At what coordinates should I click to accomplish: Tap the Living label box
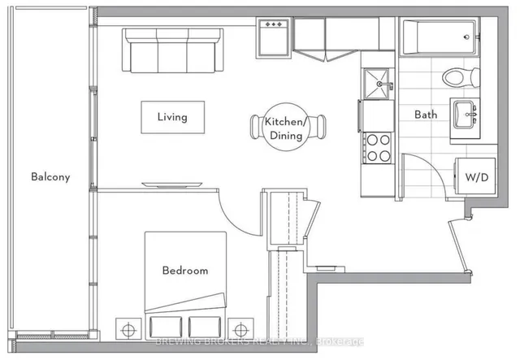[171, 117]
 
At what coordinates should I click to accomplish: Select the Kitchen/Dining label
[283, 128]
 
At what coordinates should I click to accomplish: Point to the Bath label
[427, 115]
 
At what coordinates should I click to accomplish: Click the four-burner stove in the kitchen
[376, 147]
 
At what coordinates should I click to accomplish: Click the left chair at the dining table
[256, 128]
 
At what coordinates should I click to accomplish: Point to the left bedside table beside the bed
[126, 328]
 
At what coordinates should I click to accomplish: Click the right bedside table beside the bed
[240, 328]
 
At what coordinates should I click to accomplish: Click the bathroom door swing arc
[422, 175]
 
